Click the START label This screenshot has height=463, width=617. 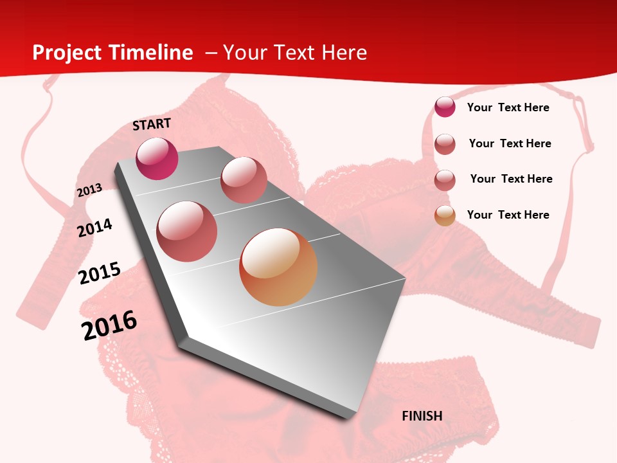(152, 124)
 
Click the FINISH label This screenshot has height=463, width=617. (422, 416)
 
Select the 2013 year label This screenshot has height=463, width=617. (89, 190)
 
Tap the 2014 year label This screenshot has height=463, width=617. (94, 228)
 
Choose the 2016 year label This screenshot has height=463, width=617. (109, 325)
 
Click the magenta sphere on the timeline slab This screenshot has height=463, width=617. (157, 158)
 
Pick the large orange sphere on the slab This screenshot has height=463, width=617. (278, 267)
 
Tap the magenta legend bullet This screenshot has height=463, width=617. (445, 107)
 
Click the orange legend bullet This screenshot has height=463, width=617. (445, 215)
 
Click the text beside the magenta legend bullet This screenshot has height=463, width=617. (508, 107)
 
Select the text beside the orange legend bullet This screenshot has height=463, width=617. (508, 215)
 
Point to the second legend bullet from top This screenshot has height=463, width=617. (445, 144)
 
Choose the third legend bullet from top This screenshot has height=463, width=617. (445, 180)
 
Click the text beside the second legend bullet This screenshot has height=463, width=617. (510, 143)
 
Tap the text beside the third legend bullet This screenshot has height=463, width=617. (511, 179)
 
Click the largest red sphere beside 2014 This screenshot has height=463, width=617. (187, 232)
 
